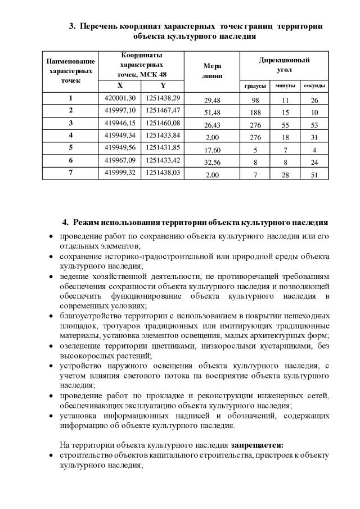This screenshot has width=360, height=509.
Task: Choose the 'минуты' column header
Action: [x=285, y=86]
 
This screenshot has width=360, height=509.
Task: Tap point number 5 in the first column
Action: [x=71, y=148]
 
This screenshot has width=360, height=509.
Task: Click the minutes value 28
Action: [x=285, y=175]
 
